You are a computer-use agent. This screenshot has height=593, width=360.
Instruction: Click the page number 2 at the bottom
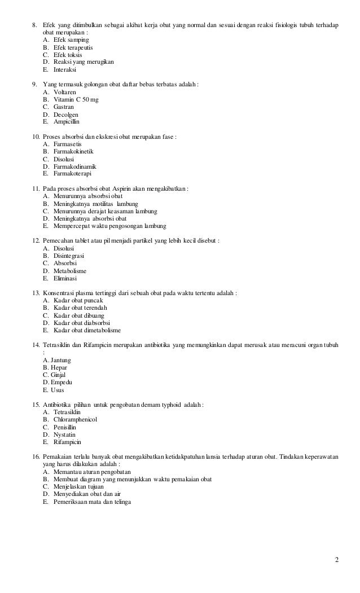(337, 559)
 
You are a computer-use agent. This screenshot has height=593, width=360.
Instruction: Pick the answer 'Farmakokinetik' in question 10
(74, 152)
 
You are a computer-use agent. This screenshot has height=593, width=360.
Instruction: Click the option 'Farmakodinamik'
(75, 166)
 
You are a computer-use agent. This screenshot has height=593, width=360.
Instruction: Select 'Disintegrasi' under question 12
(69, 256)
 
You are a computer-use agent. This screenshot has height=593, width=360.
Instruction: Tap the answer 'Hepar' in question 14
(59, 367)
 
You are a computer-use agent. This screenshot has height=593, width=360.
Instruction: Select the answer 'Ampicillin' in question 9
(67, 121)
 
